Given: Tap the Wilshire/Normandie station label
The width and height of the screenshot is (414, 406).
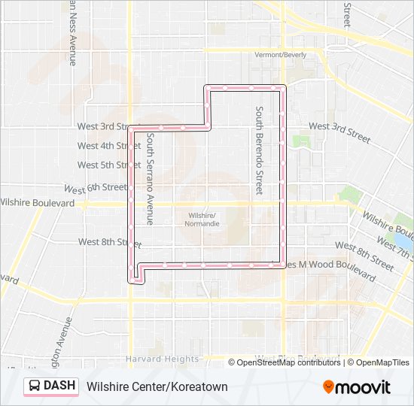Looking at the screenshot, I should tap(203, 219).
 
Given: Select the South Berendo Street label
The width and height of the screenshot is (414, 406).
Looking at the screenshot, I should tap(258, 150).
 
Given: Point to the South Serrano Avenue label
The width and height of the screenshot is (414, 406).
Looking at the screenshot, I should tap(150, 180).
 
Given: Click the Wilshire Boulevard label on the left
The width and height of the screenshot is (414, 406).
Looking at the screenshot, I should tap(38, 203).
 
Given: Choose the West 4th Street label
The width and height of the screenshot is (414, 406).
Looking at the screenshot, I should tap(108, 146).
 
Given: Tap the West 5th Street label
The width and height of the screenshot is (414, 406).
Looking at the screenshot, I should tap(108, 165).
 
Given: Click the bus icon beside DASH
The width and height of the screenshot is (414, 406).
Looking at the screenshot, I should tap(35, 386).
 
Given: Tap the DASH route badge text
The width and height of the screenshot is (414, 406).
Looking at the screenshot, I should tap(59, 386).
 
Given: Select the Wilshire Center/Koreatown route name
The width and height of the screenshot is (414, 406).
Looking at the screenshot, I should tap(157, 387).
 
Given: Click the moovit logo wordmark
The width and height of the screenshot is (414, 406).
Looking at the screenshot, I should tap(364, 387).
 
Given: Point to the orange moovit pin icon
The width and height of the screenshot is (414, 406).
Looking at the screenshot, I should tap(329, 387).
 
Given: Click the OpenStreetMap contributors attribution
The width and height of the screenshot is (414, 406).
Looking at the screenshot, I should tap(288, 362).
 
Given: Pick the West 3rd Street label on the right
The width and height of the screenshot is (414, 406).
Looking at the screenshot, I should tap(339, 133).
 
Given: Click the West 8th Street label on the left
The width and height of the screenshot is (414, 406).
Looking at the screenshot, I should tap(108, 242).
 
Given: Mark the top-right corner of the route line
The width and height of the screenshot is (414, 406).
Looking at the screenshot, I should tap(284, 88).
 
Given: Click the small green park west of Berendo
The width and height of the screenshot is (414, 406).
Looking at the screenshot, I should tap(301, 141).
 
